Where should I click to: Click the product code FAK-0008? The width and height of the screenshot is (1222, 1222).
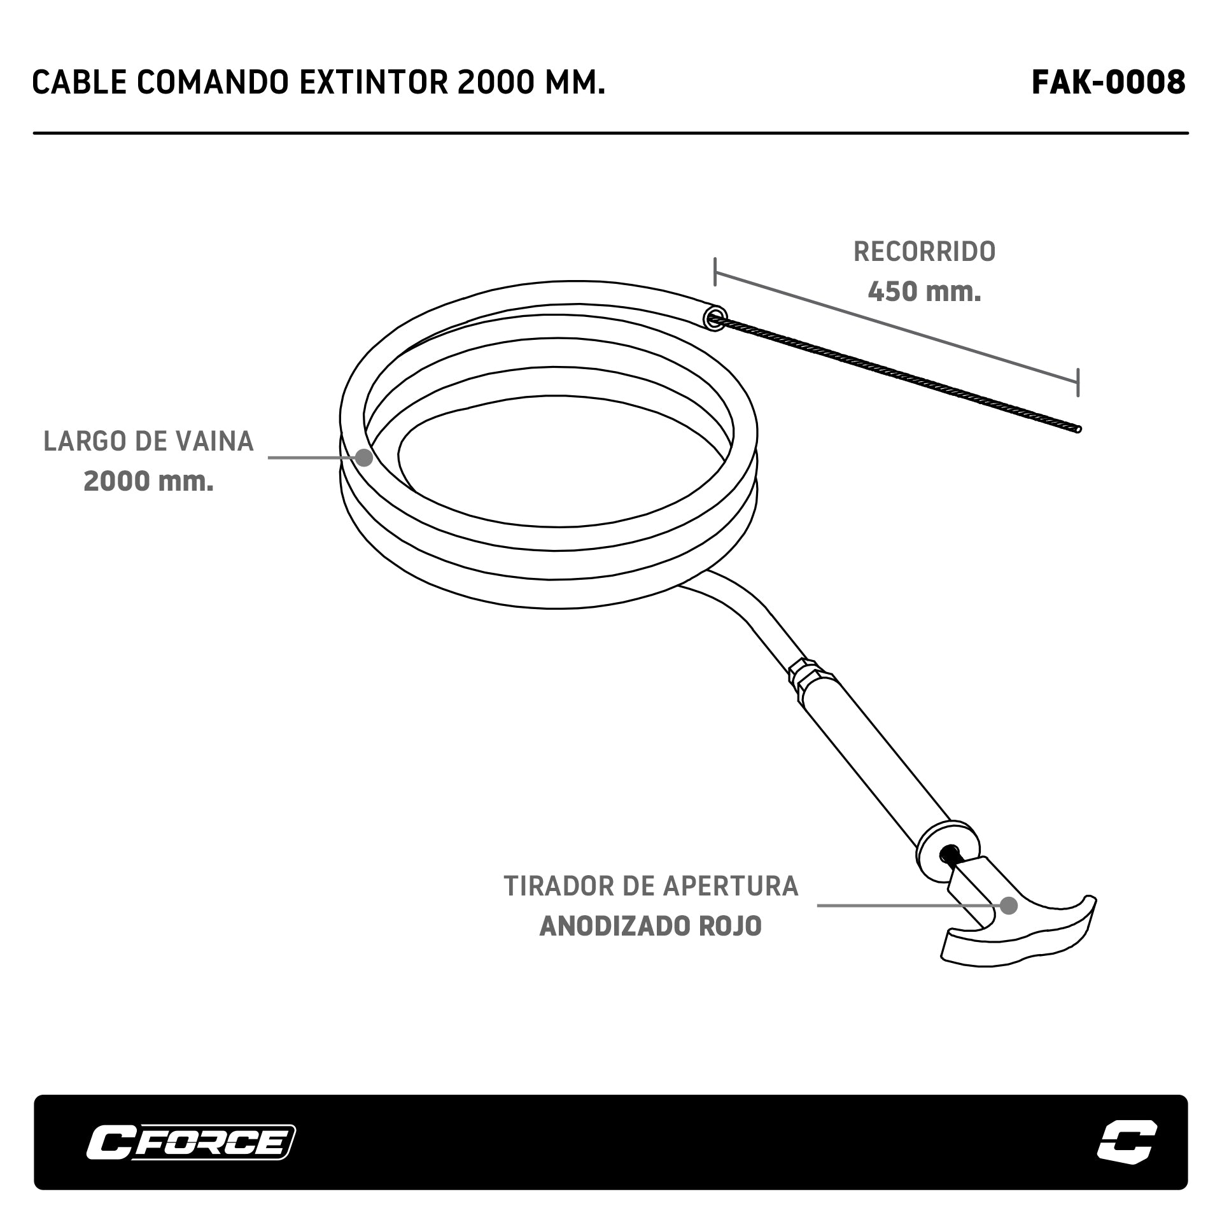(1108, 82)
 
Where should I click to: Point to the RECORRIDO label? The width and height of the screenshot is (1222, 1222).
(924, 252)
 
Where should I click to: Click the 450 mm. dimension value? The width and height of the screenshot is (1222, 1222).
(924, 292)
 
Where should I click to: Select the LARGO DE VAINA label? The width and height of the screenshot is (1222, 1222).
(148, 442)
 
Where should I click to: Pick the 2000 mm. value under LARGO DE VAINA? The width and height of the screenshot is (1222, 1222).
(148, 482)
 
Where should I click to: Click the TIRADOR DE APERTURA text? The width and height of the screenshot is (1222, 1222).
(650, 886)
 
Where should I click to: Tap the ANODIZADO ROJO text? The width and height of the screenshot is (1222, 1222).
(650, 926)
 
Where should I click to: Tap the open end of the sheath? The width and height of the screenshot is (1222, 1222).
(715, 318)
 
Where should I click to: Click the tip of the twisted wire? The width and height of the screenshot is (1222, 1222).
(1077, 428)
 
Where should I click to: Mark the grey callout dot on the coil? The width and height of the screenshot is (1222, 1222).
(363, 457)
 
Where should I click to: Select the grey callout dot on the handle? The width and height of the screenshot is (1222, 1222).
(1009, 905)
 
